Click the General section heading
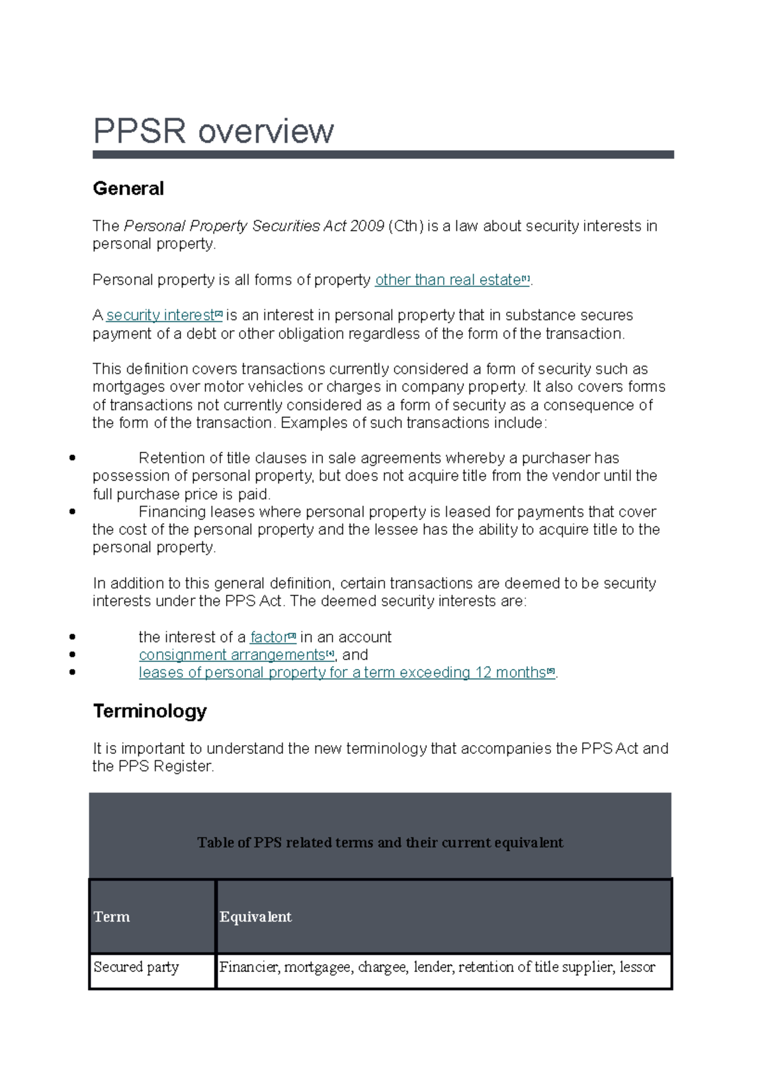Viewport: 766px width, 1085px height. point(128,189)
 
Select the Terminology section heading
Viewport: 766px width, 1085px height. point(150,711)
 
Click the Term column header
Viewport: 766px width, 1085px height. point(112,916)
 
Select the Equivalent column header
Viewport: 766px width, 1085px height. point(255,916)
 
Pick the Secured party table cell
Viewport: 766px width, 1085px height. point(136,967)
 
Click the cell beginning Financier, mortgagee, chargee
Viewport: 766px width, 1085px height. point(437,967)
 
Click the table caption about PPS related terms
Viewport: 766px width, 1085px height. point(380,842)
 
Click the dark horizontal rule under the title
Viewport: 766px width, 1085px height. point(383,155)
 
